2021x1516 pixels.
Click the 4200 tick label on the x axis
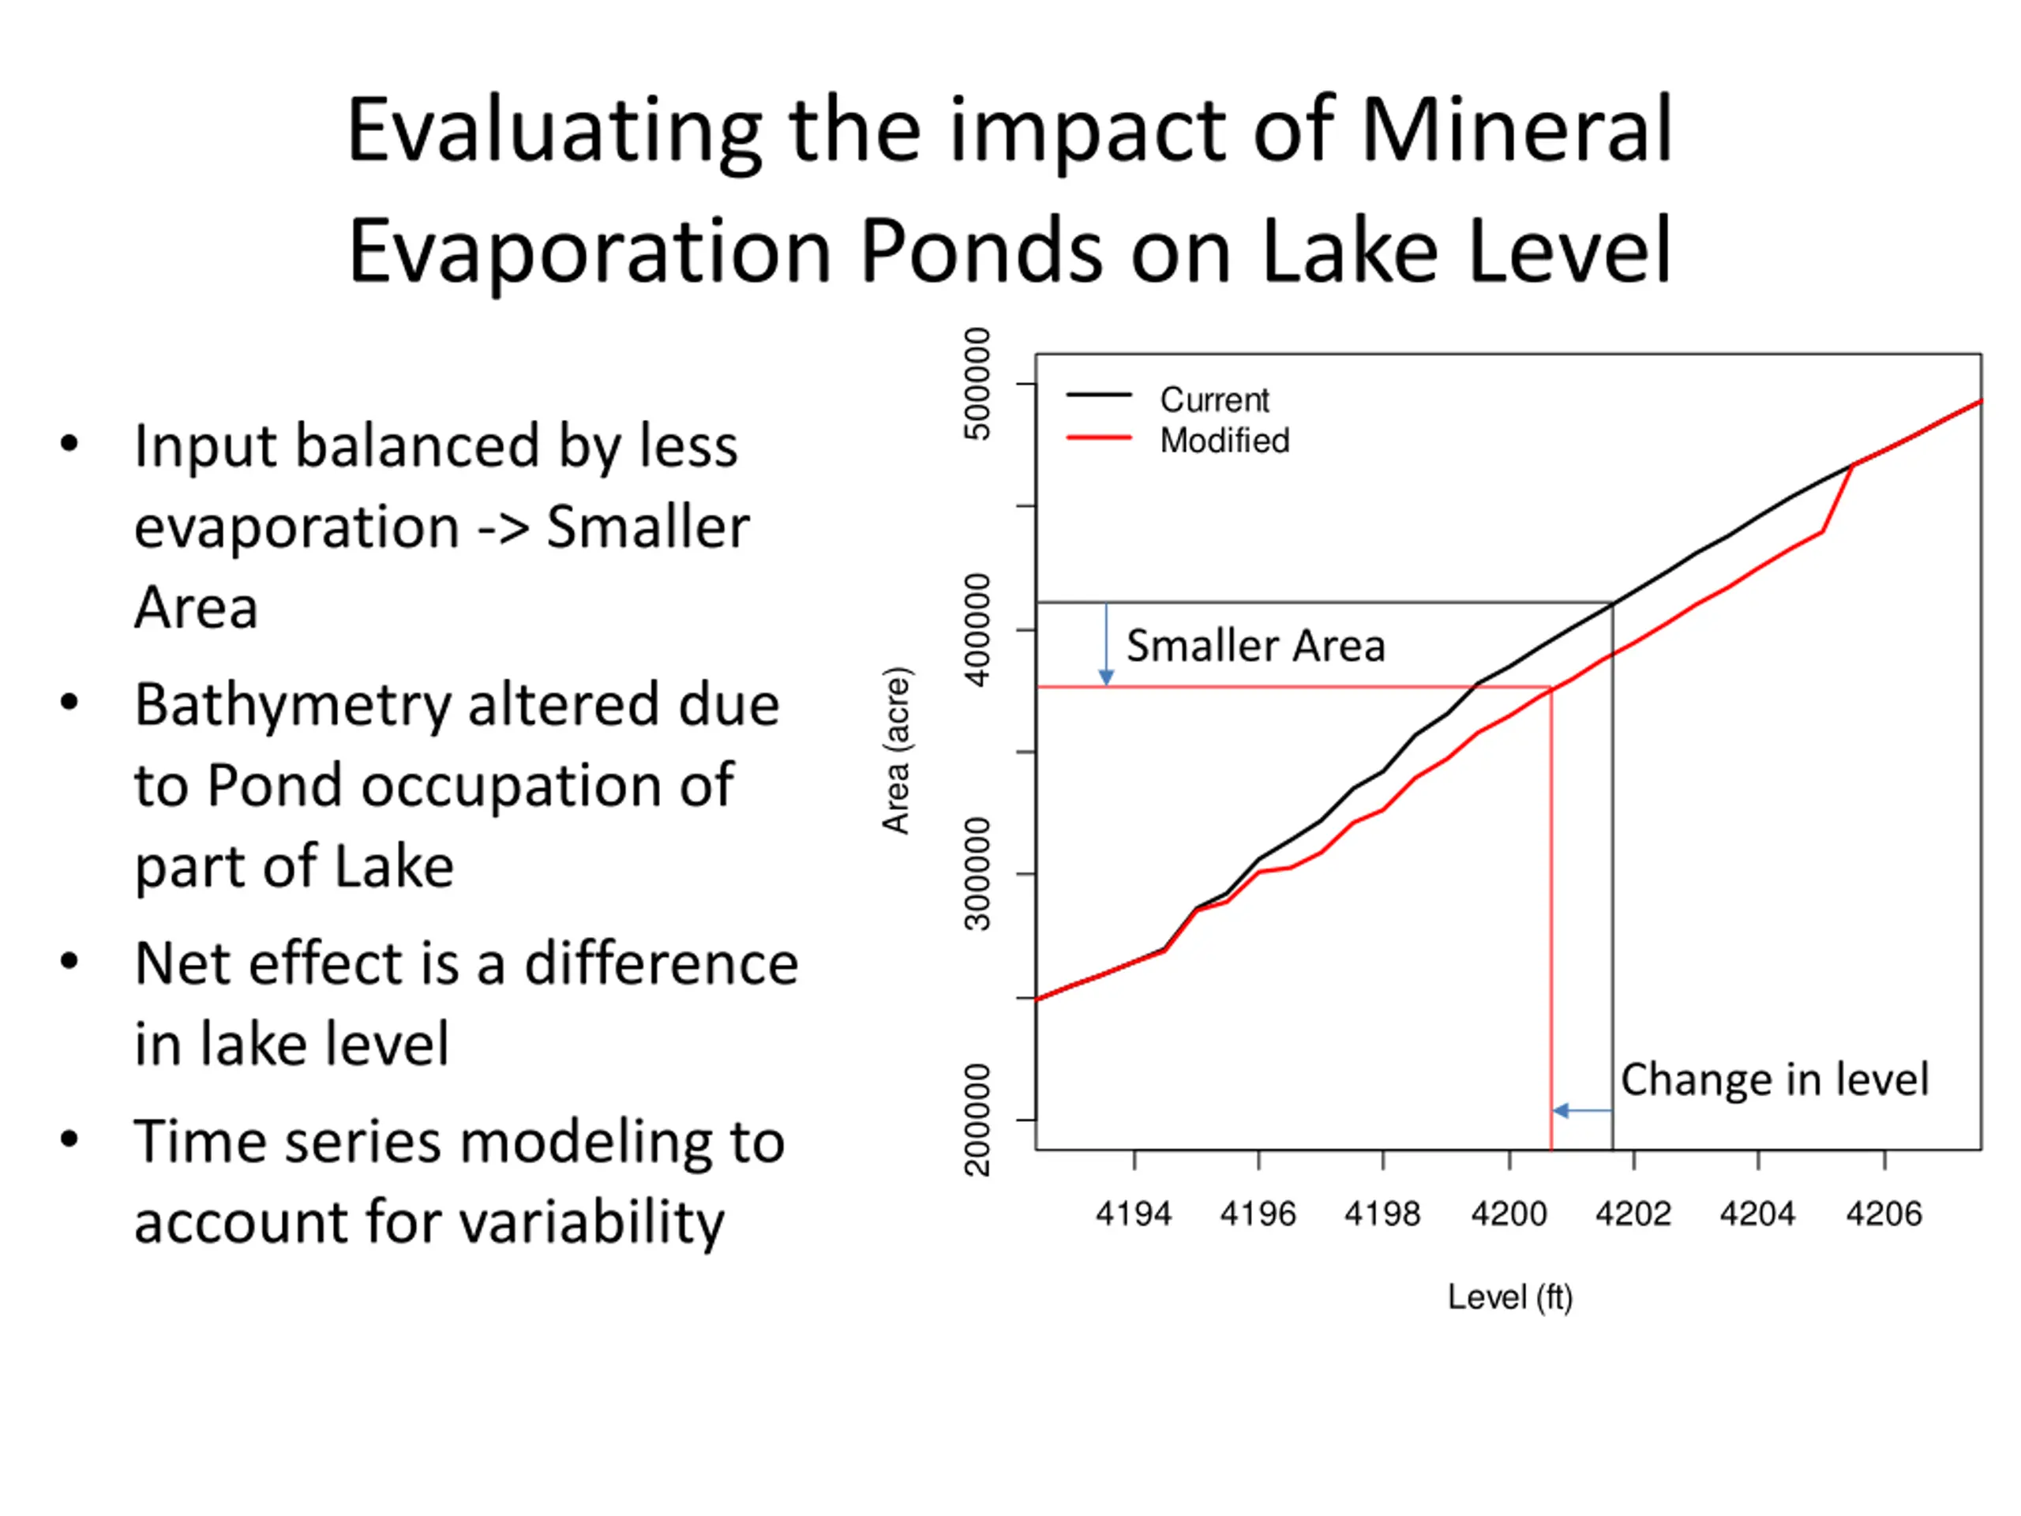tap(1509, 1214)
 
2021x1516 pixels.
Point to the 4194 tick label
tap(1134, 1214)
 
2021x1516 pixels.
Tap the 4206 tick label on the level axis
tap(1884, 1214)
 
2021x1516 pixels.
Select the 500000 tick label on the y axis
tap(977, 384)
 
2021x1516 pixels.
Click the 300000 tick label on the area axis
tap(977, 873)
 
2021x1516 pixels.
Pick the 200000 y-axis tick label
tap(977, 1120)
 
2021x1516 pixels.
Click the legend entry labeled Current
tap(1214, 400)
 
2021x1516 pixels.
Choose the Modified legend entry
tap(1224, 441)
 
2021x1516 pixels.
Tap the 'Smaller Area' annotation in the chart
tap(1255, 645)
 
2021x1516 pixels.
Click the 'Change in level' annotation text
tap(1775, 1079)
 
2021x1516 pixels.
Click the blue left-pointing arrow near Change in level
tap(1580, 1110)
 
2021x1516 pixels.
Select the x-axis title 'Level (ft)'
tap(1509, 1296)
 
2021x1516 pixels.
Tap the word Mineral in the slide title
tap(1517, 129)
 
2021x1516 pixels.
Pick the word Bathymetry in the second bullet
tap(292, 705)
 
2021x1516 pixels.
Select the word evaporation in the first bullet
tap(296, 527)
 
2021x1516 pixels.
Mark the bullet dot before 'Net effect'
tap(69, 962)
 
